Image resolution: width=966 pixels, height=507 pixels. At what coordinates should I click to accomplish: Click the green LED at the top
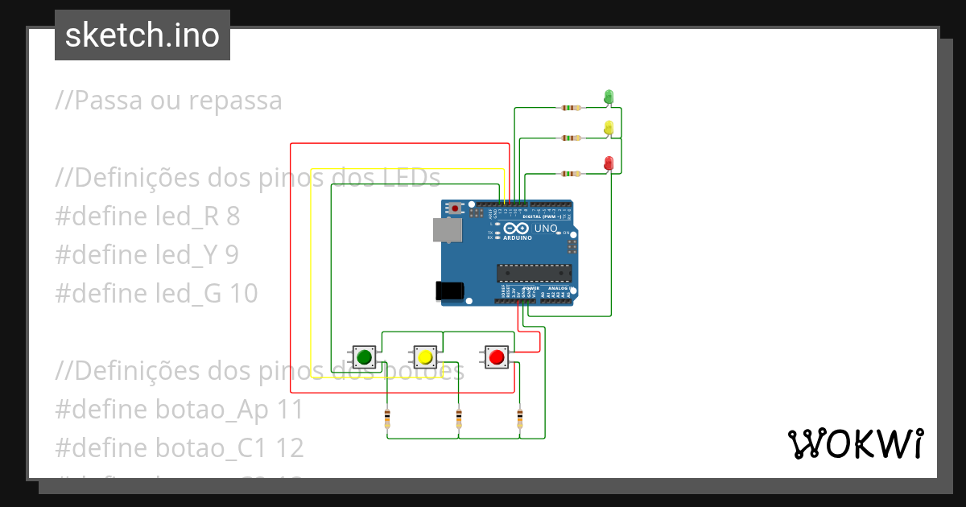(x=609, y=97)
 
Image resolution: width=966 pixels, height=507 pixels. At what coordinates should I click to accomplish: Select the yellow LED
(x=609, y=127)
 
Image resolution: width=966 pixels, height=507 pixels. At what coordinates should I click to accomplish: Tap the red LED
(x=609, y=163)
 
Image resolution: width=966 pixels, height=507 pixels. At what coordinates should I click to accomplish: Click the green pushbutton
(x=364, y=357)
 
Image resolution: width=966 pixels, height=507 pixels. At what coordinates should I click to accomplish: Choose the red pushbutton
(x=496, y=357)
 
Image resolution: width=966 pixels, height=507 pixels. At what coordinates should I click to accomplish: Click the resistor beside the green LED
(x=571, y=107)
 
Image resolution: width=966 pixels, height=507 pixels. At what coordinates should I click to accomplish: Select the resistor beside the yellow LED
(x=571, y=138)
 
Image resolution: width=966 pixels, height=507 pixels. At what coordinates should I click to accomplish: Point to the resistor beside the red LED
(x=571, y=173)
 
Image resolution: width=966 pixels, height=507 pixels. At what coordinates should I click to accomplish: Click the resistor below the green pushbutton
(x=387, y=418)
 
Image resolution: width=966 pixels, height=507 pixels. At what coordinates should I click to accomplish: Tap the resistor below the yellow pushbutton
(x=459, y=418)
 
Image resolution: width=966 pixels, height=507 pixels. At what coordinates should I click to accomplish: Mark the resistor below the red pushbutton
(x=519, y=418)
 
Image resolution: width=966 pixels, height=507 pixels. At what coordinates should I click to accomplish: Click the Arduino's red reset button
(x=456, y=208)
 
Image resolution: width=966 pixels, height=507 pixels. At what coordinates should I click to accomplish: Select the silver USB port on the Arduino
(x=448, y=230)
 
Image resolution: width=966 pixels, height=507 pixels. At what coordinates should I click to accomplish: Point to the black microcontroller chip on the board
(x=534, y=274)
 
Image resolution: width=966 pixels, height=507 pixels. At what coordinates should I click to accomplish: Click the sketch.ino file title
(x=142, y=35)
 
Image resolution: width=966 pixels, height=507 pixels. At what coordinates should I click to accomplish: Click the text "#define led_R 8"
(x=147, y=216)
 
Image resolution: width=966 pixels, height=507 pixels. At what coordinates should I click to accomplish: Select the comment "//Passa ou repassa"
(x=169, y=101)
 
